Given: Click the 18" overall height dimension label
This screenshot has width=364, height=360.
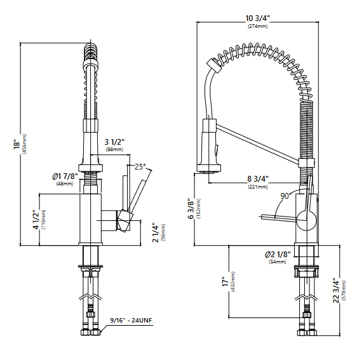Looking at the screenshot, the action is pyautogui.click(x=17, y=144).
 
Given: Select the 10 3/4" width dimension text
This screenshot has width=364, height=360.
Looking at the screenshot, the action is pyautogui.click(x=258, y=18).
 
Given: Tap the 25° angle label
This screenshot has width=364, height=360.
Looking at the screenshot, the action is pyautogui.click(x=140, y=166).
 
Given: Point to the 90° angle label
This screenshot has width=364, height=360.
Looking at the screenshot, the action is pyautogui.click(x=286, y=196).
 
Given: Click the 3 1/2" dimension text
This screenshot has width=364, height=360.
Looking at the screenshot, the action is pyautogui.click(x=114, y=142).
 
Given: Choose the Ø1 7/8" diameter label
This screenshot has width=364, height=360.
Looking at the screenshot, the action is pyautogui.click(x=65, y=177).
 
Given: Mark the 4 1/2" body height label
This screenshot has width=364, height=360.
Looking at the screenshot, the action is pyautogui.click(x=36, y=220).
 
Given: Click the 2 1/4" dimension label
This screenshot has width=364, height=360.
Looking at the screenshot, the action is pyautogui.click(x=155, y=232).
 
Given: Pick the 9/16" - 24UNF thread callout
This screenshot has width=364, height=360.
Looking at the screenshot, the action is pyautogui.click(x=131, y=321).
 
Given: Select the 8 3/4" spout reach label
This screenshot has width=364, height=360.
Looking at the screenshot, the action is pyautogui.click(x=258, y=179).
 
